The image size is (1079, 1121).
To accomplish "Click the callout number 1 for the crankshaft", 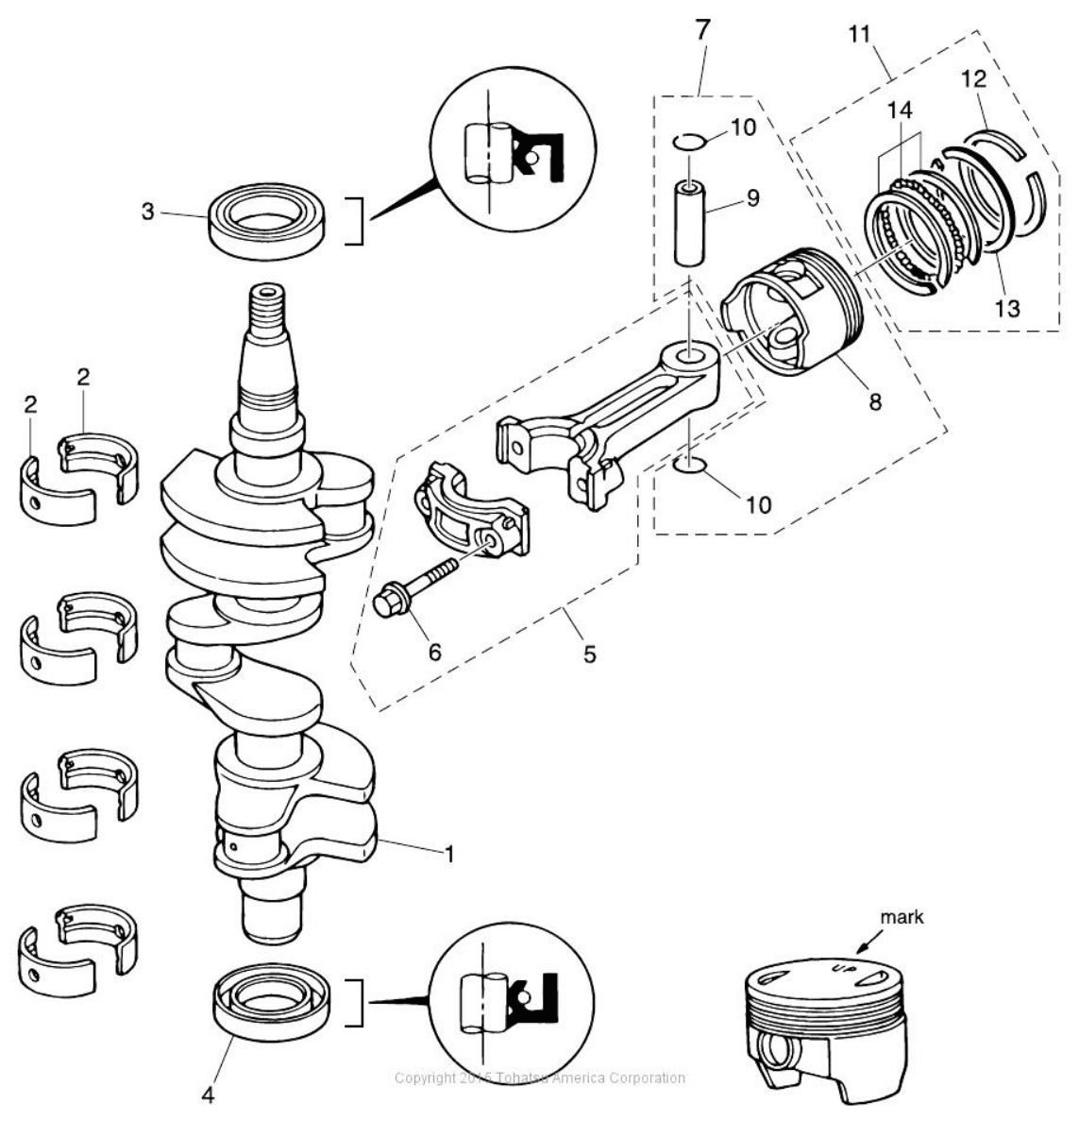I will click(450, 854).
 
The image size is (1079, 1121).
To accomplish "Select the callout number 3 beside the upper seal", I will click(148, 212).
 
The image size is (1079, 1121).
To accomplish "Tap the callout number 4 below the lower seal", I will click(208, 1097).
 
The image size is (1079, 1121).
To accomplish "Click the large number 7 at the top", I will click(700, 28).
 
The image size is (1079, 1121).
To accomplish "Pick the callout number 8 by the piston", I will click(875, 400).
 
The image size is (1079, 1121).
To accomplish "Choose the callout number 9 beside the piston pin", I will click(752, 198).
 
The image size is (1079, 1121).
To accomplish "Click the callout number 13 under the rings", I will click(1007, 308).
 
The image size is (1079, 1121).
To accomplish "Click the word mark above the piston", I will click(902, 917).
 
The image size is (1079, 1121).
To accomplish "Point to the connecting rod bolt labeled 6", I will click(415, 586).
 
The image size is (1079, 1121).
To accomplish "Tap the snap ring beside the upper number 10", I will click(689, 143).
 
